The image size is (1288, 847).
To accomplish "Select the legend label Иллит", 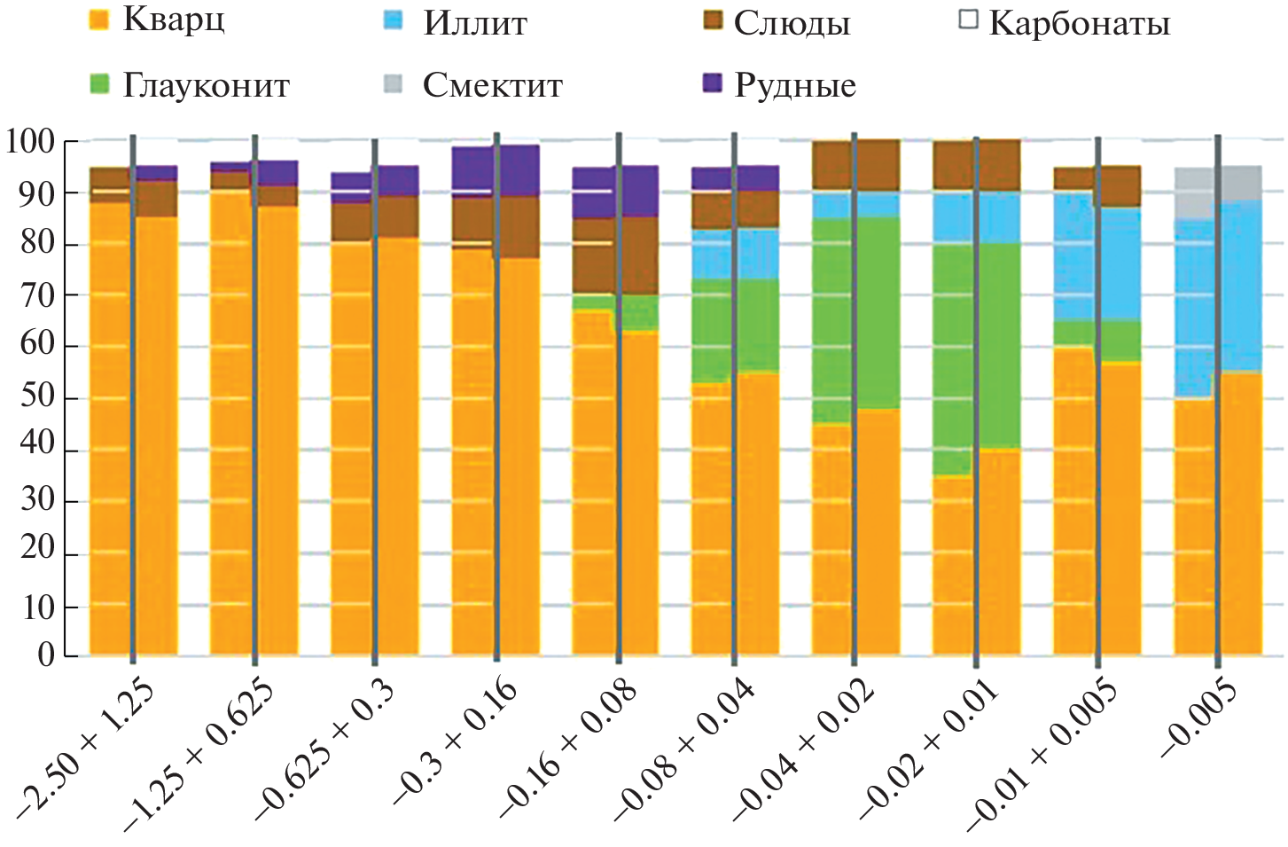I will click(475, 23).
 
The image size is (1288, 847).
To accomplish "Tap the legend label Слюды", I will click(792, 24).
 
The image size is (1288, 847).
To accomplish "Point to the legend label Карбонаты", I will click(1080, 24).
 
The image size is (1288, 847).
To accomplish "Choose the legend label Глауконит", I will click(206, 86).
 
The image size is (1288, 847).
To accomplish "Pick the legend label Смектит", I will click(492, 86).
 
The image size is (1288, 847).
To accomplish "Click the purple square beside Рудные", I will click(713, 84).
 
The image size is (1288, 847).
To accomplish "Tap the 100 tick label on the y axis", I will click(30, 142).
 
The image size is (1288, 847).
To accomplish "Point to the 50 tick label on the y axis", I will click(38, 396).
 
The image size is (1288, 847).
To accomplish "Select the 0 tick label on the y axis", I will click(46, 655).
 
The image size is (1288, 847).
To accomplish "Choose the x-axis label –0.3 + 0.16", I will click(454, 741).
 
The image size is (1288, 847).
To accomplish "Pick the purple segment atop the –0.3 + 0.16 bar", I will click(496, 170).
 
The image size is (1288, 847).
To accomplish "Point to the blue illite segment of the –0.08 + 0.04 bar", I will click(735, 254).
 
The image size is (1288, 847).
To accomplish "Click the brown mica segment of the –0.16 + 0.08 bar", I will click(615, 257).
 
